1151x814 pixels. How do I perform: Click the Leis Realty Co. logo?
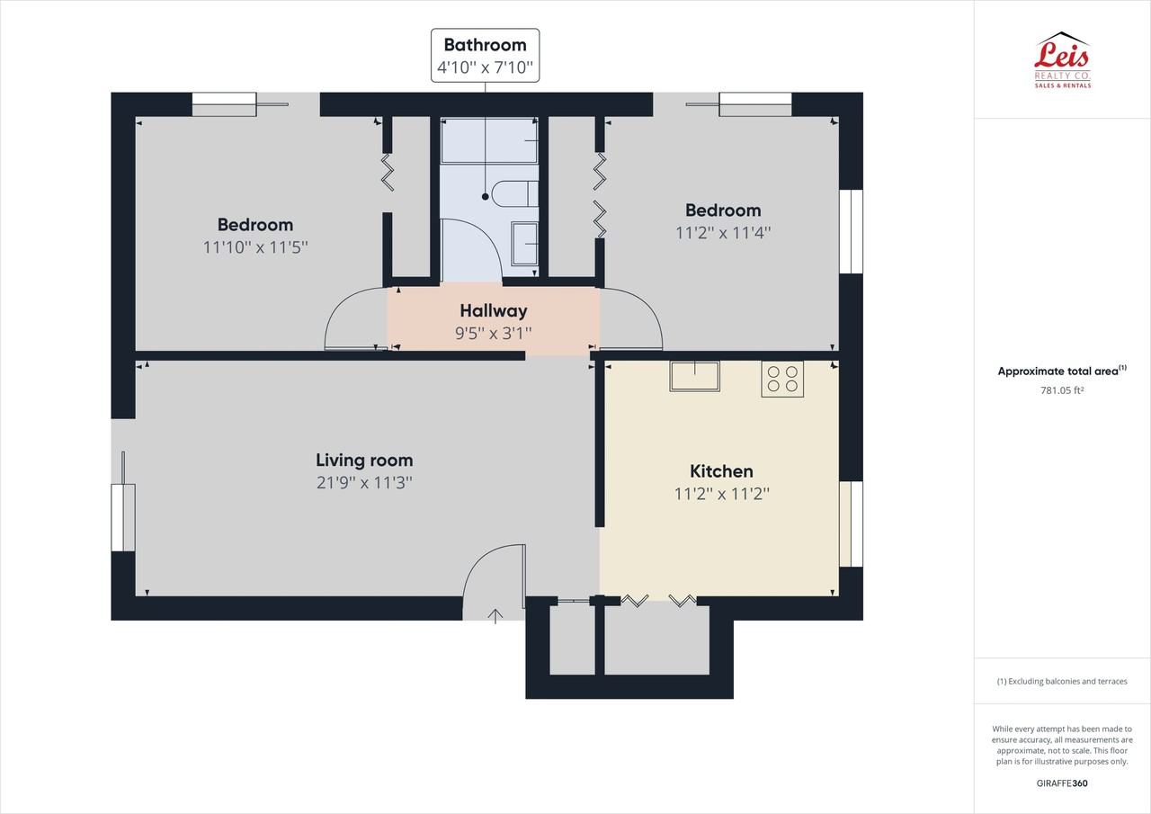1062,60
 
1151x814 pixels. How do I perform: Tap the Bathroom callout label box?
485,56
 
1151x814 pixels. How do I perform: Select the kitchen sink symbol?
694,376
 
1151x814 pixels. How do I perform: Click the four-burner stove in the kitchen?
781,379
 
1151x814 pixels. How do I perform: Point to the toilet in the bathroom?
517,193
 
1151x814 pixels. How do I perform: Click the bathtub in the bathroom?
488,141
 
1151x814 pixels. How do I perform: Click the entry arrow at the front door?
495,615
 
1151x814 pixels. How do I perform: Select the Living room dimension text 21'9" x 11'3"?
364,482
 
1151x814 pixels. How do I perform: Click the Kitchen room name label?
721,470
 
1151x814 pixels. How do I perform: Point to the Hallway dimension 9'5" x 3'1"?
493,332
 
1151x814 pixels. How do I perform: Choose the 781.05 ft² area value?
1062,389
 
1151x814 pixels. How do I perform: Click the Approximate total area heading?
1061,371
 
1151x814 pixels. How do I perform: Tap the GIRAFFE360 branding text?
1062,783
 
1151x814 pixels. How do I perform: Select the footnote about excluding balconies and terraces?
1062,681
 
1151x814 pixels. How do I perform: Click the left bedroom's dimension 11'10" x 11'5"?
255,246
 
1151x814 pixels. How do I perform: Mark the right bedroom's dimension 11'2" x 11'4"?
723,232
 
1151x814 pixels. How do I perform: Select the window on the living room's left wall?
123,517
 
